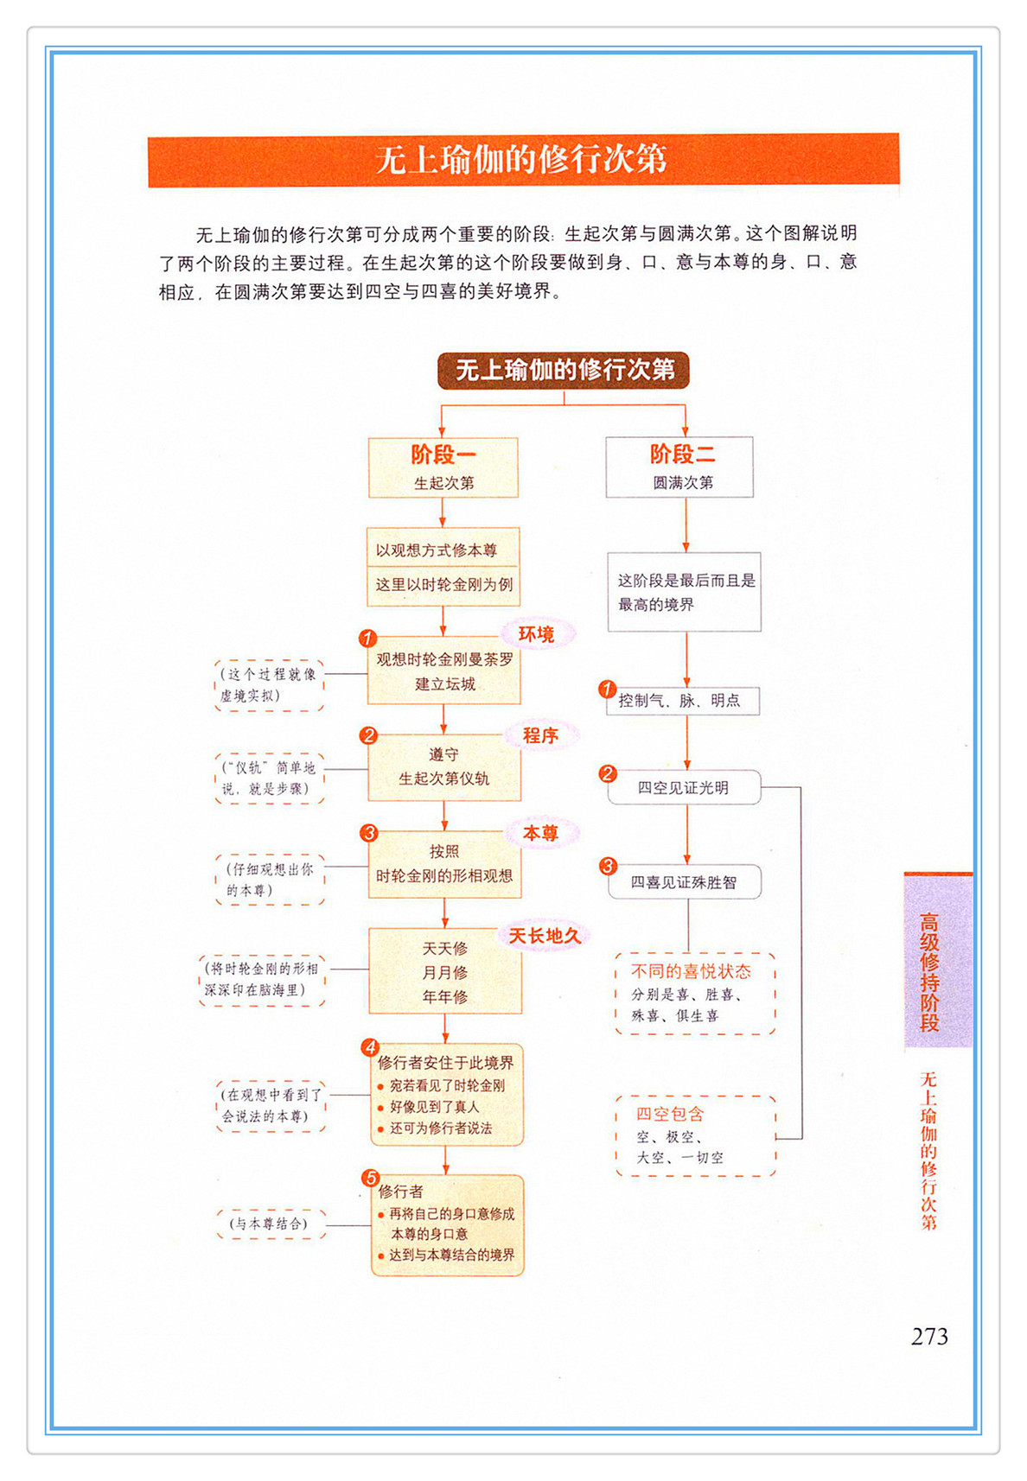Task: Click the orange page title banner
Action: pyautogui.click(x=523, y=160)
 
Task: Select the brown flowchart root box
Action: pyautogui.click(x=564, y=370)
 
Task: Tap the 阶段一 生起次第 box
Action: pyautogui.click(x=443, y=467)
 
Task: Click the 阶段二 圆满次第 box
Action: pyautogui.click(x=679, y=467)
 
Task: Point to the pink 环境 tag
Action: pyautogui.click(x=536, y=634)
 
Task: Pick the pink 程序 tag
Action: pyautogui.click(x=540, y=735)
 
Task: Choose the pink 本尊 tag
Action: pyautogui.click(x=540, y=833)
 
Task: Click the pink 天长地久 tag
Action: pyautogui.click(x=544, y=936)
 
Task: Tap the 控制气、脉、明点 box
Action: pyautogui.click(x=682, y=701)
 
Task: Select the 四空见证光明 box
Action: pyautogui.click(x=684, y=787)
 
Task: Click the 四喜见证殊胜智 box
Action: pyautogui.click(x=684, y=882)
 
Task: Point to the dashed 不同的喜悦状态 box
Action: pyautogui.click(x=695, y=994)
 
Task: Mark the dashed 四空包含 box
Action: pyautogui.click(x=695, y=1135)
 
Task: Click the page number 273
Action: pyautogui.click(x=929, y=1337)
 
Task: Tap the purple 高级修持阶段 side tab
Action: pyautogui.click(x=937, y=961)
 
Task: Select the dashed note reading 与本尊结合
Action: pyautogui.click(x=271, y=1224)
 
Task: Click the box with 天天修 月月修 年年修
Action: pyautogui.click(x=445, y=971)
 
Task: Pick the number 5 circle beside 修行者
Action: pyautogui.click(x=370, y=1178)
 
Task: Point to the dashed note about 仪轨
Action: pyautogui.click(x=270, y=779)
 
